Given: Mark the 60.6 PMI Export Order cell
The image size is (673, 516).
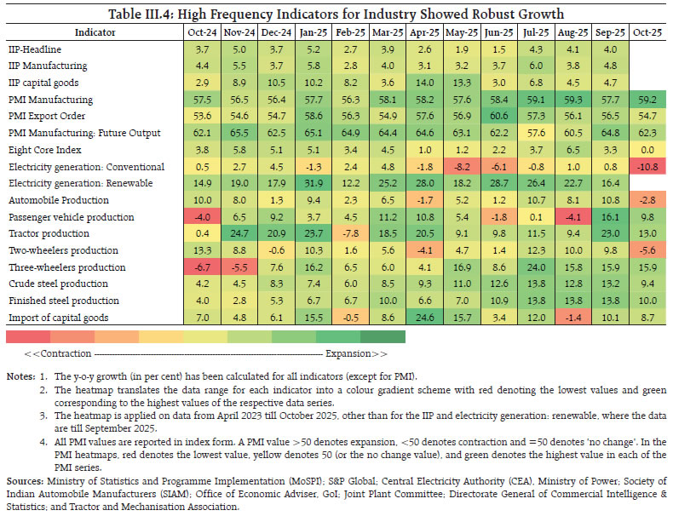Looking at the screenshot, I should (498, 117).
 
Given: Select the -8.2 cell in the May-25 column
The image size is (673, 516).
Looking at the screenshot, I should (460, 167).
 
